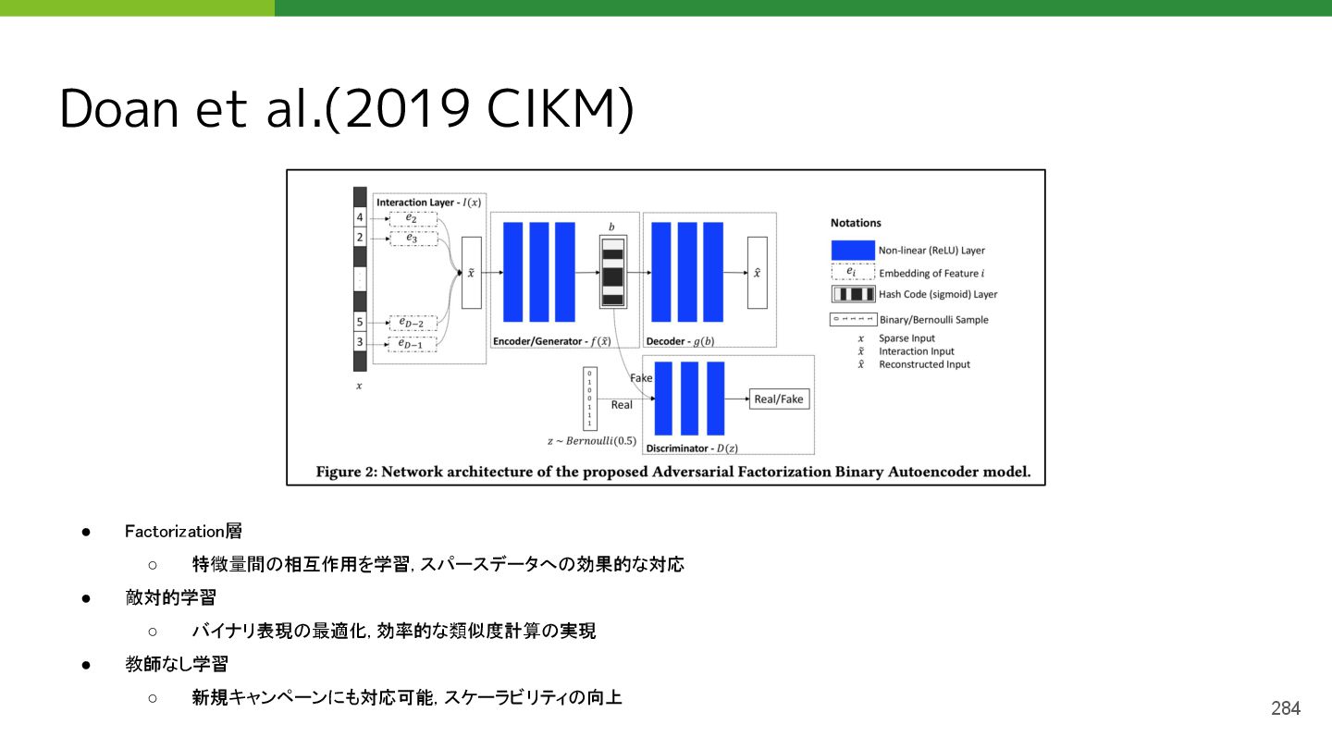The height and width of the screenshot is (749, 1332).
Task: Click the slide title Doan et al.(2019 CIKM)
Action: [347, 108]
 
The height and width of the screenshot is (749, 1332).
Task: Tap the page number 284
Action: [1285, 708]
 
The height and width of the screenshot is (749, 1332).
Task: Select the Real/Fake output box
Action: [779, 399]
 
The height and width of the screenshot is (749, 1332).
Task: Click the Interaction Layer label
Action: [429, 202]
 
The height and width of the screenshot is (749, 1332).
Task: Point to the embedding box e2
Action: [412, 218]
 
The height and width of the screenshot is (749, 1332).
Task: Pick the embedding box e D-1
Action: [412, 344]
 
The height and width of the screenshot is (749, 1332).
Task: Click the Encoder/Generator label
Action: [551, 341]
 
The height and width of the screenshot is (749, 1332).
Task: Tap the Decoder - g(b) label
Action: [680, 341]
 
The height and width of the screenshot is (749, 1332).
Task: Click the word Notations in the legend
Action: [856, 223]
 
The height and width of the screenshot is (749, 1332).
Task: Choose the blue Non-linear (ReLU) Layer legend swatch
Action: [852, 250]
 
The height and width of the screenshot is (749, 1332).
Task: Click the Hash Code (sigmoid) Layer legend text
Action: [938, 294]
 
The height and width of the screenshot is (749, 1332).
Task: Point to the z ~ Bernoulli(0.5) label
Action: [592, 441]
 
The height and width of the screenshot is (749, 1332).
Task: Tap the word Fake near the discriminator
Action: [641, 378]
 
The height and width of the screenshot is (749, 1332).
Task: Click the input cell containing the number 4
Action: [360, 218]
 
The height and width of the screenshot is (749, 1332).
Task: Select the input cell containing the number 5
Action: [360, 323]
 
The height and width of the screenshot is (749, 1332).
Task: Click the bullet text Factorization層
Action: [183, 531]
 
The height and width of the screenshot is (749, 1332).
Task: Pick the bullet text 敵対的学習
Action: [170, 597]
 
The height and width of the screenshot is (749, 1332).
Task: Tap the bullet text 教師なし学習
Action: [176, 664]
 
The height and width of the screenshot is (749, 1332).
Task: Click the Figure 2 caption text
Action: [672, 472]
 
